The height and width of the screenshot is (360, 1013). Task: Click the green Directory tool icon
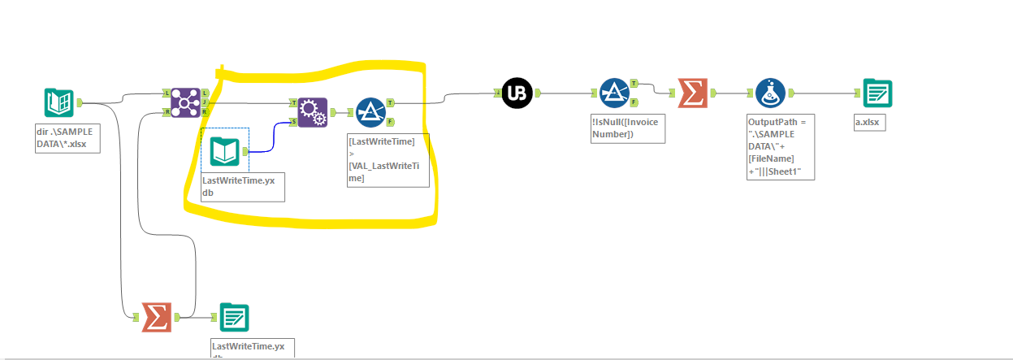58,103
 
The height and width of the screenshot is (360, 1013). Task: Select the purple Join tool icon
185,102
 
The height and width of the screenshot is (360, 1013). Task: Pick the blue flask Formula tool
769,93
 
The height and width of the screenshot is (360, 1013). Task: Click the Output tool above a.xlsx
877,93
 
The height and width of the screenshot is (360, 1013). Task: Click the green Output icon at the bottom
234,317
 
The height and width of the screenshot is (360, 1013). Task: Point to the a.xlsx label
870,124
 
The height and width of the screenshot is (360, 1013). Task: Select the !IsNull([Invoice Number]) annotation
627,128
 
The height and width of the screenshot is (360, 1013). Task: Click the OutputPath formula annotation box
780,146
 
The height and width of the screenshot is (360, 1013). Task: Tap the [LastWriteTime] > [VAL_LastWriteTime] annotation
387,160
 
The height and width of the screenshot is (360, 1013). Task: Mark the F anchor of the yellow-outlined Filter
391,122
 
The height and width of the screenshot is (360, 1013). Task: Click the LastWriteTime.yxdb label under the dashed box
243,186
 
